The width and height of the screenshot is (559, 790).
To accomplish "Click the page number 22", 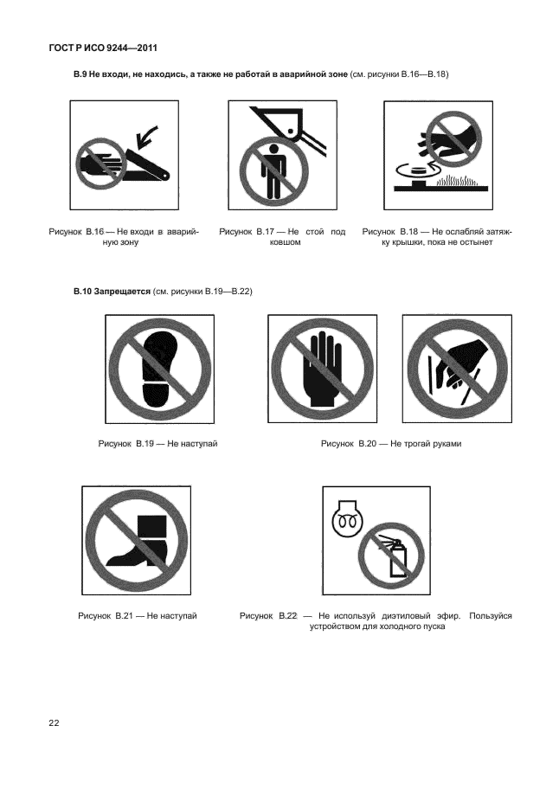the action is click(x=54, y=723).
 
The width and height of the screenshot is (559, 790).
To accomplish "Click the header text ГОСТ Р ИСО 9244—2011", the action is click(x=103, y=48).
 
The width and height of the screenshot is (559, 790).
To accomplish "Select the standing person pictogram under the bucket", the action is click(x=273, y=170).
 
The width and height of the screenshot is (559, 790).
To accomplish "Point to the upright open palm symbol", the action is click(x=323, y=369).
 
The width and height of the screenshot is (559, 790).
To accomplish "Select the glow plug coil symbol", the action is click(x=344, y=518).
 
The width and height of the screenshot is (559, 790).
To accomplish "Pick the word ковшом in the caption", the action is click(x=282, y=242).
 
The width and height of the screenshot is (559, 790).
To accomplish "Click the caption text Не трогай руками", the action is click(x=426, y=444).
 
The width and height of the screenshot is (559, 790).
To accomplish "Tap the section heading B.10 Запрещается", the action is click(x=112, y=292).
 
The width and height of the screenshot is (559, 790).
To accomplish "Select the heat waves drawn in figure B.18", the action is click(x=457, y=180).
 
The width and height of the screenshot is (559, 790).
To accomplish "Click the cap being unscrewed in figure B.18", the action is click(x=417, y=173).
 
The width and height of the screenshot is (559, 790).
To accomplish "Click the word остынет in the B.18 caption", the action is click(x=475, y=242).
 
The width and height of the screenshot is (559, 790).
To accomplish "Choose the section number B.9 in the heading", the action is click(x=80, y=74).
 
